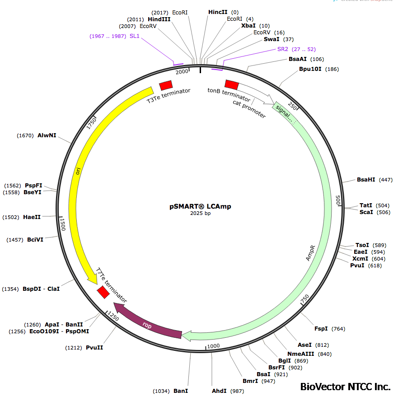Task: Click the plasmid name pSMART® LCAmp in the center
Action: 200,206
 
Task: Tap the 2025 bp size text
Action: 200,214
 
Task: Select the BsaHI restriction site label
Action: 366,180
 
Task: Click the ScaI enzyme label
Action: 366,212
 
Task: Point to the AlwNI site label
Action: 47,135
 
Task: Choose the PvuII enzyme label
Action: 94,348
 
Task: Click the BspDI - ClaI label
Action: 41,289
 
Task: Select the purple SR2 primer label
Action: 283,49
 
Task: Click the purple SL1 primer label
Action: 135,36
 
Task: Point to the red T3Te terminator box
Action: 166,85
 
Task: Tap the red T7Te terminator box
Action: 103,292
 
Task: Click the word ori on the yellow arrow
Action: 78,171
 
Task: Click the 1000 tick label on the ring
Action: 213,346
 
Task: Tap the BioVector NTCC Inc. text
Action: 345,387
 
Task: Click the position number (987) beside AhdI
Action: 237,391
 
